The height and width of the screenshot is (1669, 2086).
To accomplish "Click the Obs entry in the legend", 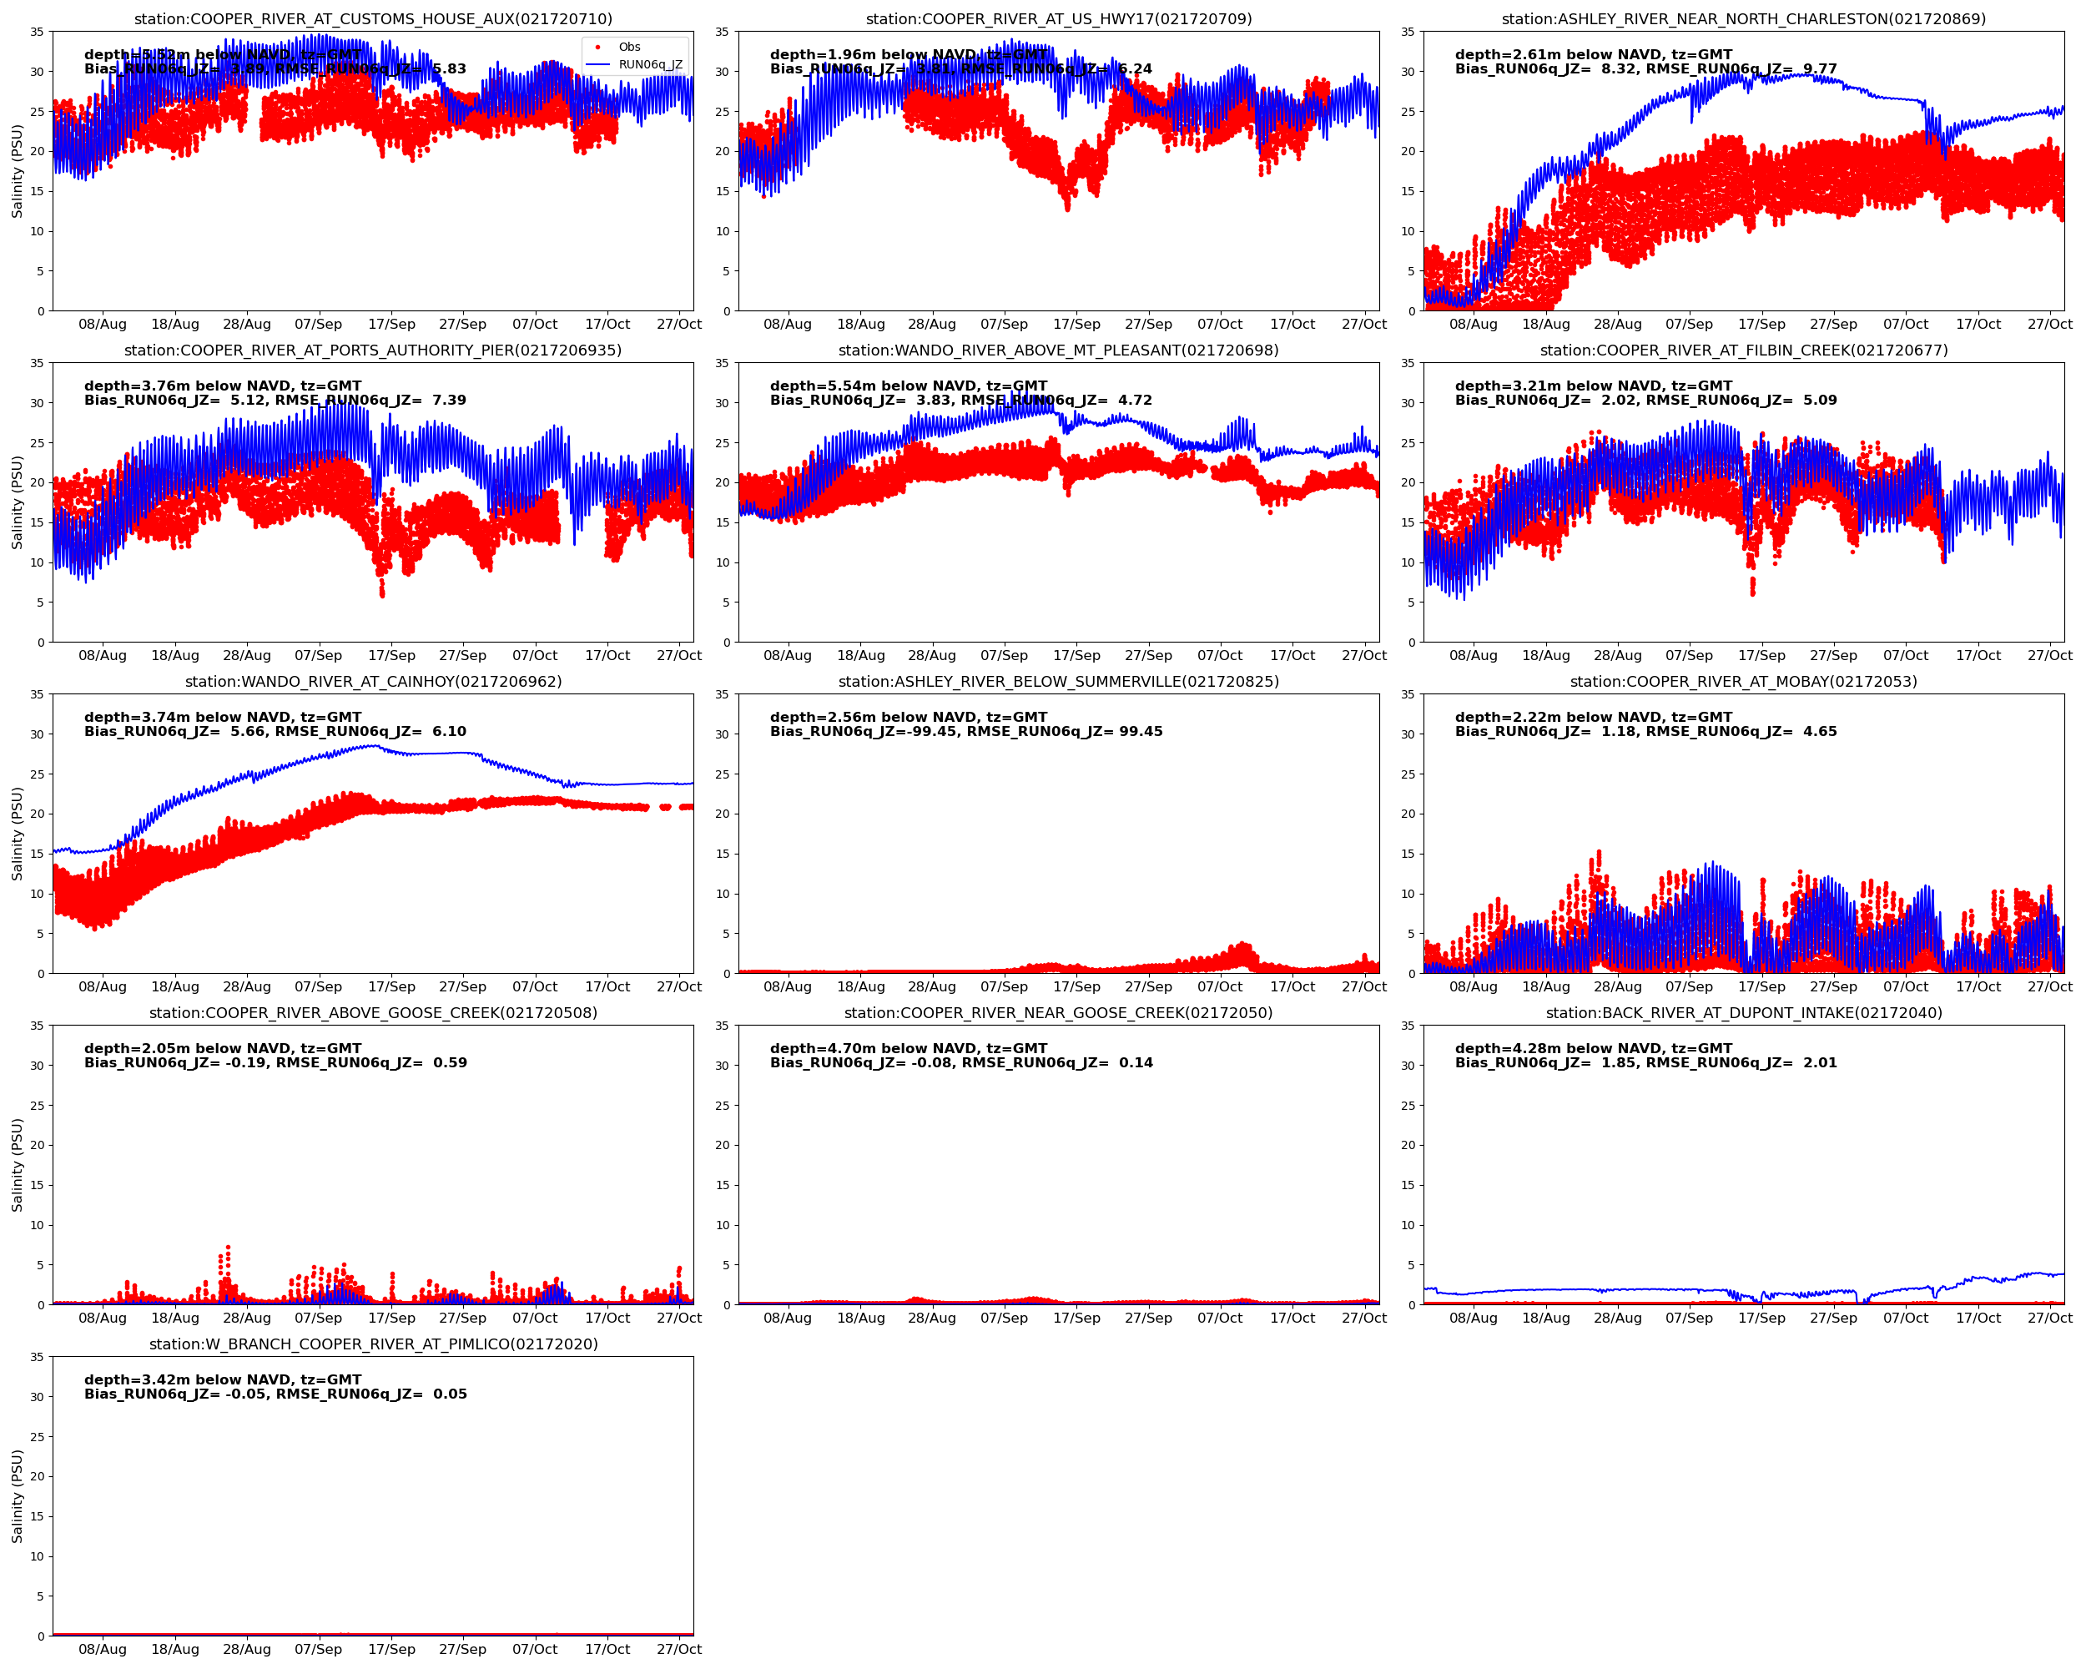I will pos(629,47).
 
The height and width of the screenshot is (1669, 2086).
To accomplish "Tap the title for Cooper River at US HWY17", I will pos(1059,19).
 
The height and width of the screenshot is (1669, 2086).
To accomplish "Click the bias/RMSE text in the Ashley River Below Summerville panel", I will pos(965,732).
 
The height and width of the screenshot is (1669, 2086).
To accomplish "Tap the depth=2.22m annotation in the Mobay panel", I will pos(1593,717).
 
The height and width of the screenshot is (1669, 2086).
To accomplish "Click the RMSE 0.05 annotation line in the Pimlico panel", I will pos(275,1394).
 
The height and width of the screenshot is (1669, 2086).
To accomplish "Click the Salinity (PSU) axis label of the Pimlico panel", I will pos(17,1495).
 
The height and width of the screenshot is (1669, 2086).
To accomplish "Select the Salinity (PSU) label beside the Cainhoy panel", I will pos(17,833).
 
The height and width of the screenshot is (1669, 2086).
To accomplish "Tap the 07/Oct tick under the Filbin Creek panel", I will pos(1905,656).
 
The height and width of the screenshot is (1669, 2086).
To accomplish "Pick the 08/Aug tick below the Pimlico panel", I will pos(103,1650).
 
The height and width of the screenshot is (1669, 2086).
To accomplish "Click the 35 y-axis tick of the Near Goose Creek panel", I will pos(722,1026).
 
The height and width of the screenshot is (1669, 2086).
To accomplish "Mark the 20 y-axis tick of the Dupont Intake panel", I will pos(1408,1146).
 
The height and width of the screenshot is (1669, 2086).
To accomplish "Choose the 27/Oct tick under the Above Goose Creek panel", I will pos(678,1318).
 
